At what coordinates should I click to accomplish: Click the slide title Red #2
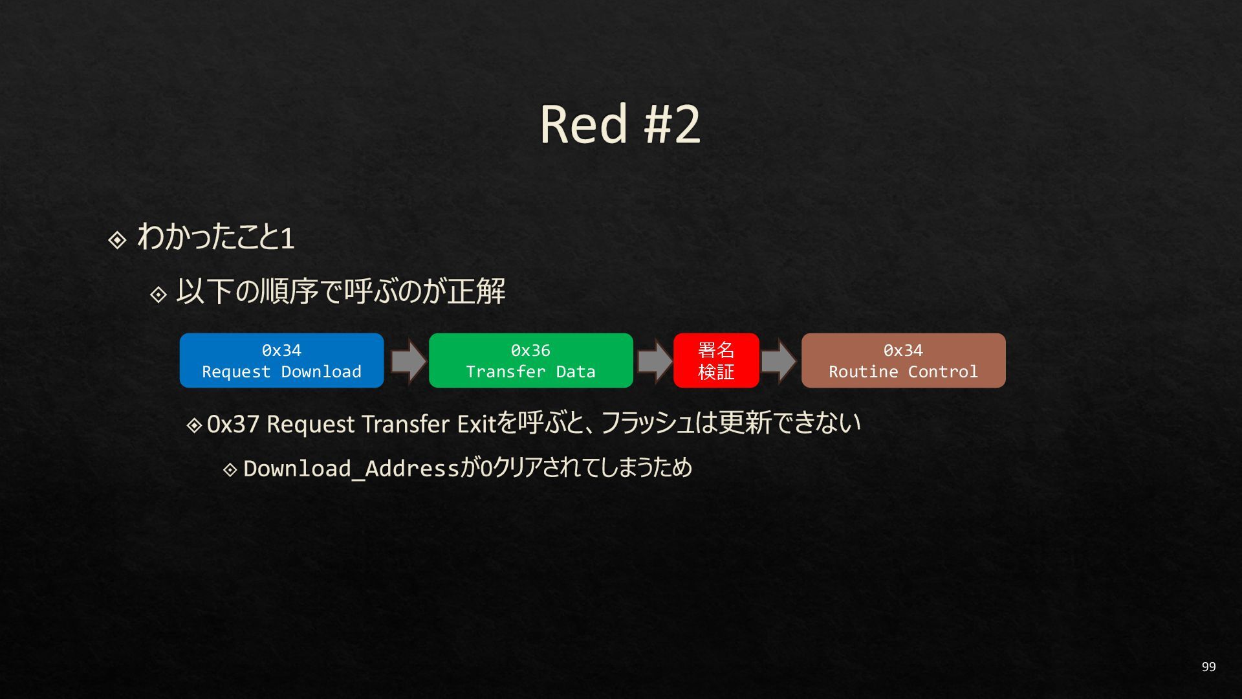[620, 124]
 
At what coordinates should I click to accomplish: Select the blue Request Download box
[281, 361]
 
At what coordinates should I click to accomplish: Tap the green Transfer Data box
[530, 361]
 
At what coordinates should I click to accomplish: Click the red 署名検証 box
[716, 361]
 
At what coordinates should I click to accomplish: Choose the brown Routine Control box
[903, 361]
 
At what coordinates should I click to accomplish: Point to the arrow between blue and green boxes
[408, 361]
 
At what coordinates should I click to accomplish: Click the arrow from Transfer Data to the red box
[654, 361]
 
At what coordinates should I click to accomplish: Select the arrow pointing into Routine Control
[779, 361]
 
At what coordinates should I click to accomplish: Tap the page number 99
[1208, 667]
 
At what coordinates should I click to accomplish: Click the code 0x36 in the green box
[530, 350]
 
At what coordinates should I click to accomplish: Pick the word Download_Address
[351, 468]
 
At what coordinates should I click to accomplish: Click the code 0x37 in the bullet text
[233, 424]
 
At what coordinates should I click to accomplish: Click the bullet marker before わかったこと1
[117, 240]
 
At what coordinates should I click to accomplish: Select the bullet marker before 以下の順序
[158, 295]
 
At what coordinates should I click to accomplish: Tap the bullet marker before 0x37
[194, 425]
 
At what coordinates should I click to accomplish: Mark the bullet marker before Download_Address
[230, 469]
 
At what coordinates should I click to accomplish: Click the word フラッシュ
[647, 424]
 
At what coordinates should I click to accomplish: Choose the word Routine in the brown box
[863, 372]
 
